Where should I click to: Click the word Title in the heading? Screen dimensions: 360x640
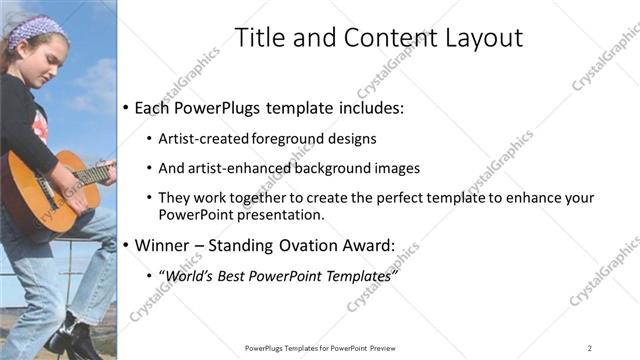coord(258,38)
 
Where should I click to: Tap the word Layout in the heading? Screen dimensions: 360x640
coord(476,38)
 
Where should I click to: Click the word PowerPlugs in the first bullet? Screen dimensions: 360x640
coord(213,107)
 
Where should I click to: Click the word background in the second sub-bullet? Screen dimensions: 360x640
coord(326,168)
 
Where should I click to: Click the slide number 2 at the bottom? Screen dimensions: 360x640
coord(590,348)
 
